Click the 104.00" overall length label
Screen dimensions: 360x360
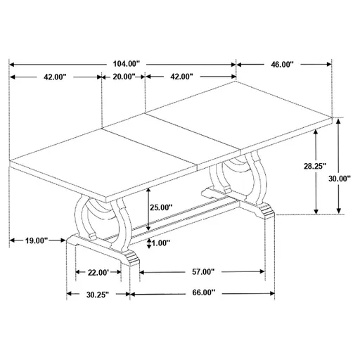126,63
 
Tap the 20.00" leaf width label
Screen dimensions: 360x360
123,78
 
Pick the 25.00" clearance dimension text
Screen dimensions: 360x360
161,207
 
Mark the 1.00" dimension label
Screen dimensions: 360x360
162,243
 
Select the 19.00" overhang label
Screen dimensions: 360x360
35,241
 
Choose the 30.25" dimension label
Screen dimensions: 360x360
97,295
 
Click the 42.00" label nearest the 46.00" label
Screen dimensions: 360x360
181,78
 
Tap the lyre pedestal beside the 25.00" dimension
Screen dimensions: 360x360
102,218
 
